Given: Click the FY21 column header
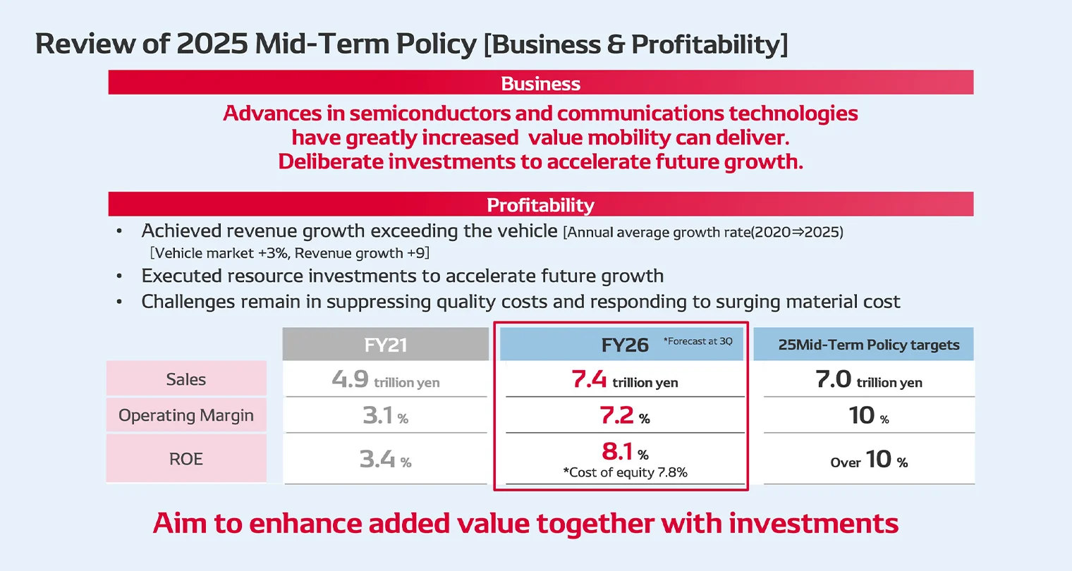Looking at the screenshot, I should coord(386,345).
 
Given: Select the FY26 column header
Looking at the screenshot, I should coord(624,345).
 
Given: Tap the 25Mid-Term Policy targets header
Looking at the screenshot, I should coord(868,345).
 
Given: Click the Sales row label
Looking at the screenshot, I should coord(186,379).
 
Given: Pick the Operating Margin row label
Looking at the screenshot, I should coord(186,415).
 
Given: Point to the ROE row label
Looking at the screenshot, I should coord(186,459).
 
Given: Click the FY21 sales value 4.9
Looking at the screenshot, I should coord(351,379).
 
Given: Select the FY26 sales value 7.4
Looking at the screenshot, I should coord(589,379).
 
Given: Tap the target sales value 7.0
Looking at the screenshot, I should coord(834,379).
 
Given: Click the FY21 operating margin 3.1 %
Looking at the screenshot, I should coord(385,415).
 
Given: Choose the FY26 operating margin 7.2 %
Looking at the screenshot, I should coord(624,415).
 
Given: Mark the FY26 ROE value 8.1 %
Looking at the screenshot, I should coord(624,451).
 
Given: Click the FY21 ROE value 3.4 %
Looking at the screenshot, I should coord(385,460).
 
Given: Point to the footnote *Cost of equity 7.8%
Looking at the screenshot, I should coord(625,472).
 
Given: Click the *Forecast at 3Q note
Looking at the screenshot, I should coord(698,341).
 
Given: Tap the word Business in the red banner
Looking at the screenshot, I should coord(540,83).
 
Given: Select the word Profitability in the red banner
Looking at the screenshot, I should coord(540,205).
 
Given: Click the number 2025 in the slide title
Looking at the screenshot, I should coord(212,44).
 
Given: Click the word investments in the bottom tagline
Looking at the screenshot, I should coord(813,524).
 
